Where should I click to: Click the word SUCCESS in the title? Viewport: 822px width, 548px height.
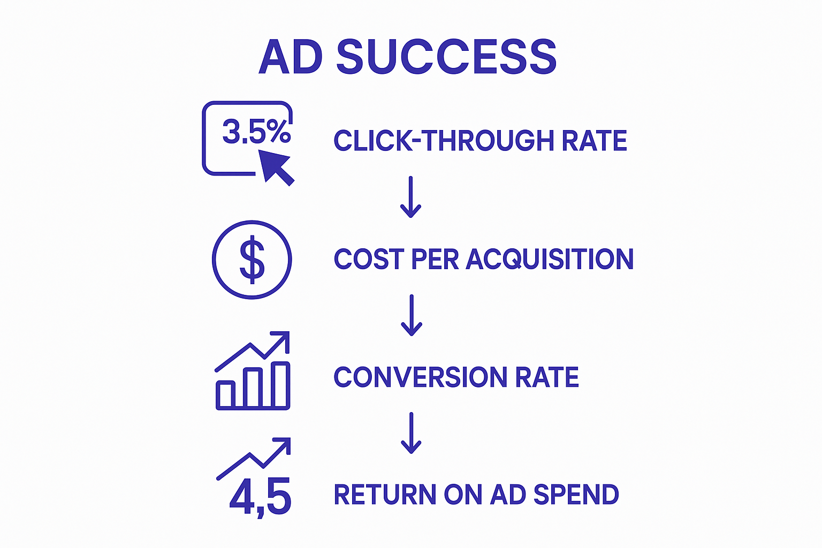pyautogui.click(x=446, y=56)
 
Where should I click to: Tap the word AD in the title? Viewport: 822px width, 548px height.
pyautogui.click(x=291, y=56)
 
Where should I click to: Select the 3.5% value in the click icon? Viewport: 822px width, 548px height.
pyautogui.click(x=256, y=131)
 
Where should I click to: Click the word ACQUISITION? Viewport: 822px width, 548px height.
pyautogui.click(x=550, y=259)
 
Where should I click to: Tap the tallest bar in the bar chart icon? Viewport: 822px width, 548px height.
pyautogui.click(x=280, y=385)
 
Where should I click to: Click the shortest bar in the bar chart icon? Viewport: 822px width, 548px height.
pyautogui.click(x=225, y=395)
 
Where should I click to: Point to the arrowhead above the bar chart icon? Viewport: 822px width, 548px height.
pyautogui.click(x=282, y=339)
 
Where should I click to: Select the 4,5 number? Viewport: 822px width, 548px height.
pyautogui.click(x=260, y=497)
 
